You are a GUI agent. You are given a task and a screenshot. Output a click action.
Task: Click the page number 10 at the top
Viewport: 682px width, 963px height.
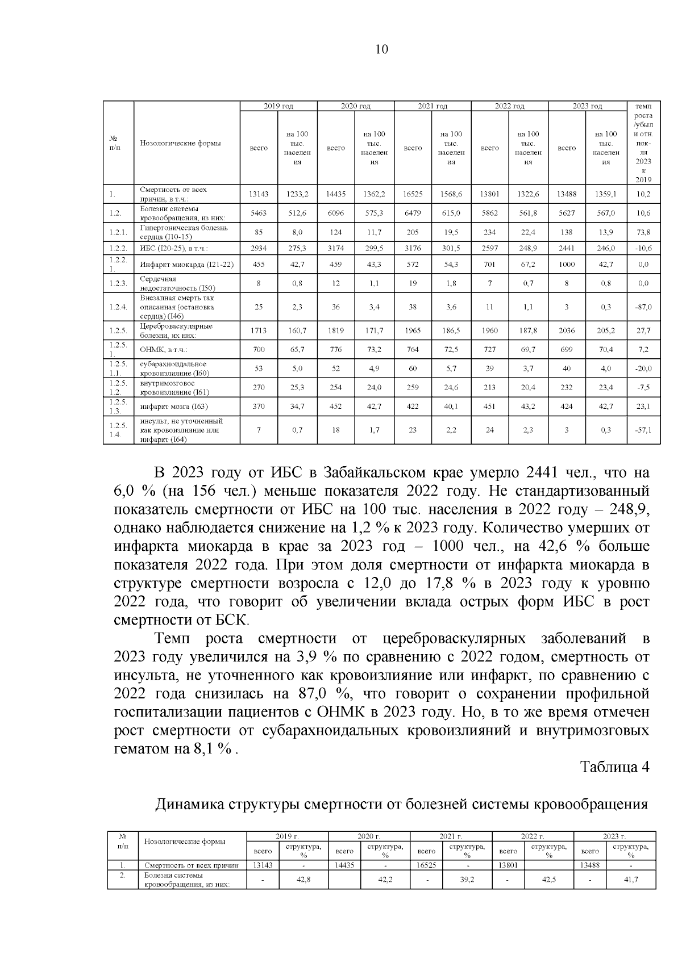pyautogui.click(x=382, y=49)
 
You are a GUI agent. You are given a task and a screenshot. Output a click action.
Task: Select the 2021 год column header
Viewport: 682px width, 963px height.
pyautogui.click(x=433, y=106)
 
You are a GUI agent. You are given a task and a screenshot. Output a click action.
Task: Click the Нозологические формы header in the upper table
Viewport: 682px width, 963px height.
pyautogui.click(x=181, y=143)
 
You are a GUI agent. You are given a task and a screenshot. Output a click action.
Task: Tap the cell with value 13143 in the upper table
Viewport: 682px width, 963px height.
pyautogui.click(x=259, y=194)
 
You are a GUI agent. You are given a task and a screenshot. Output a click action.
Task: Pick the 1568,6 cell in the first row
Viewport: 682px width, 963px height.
pyautogui.click(x=451, y=194)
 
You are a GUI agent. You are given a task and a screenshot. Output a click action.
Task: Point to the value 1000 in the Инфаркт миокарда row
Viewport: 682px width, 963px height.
pyautogui.click(x=567, y=264)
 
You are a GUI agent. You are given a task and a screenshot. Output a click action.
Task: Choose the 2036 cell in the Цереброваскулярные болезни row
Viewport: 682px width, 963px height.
pyautogui.click(x=567, y=330)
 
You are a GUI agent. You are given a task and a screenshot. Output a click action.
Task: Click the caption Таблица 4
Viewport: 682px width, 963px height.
pyautogui.click(x=614, y=767)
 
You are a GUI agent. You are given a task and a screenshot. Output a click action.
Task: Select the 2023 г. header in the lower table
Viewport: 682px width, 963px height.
pyautogui.click(x=614, y=836)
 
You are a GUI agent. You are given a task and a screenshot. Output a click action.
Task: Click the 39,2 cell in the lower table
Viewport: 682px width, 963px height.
pyautogui.click(x=467, y=879)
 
